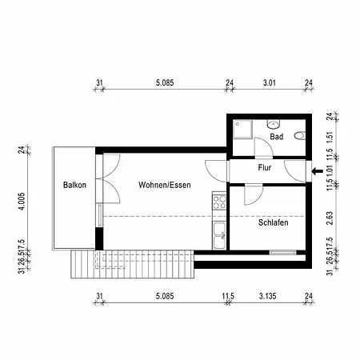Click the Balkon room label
[74, 185]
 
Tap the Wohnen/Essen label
[165, 185]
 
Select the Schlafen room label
[273, 222]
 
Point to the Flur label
[264, 167]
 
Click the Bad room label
[276, 137]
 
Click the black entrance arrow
[318, 171]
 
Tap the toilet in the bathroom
[300, 135]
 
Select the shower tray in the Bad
[242, 130]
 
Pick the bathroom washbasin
[274, 124]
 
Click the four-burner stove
[219, 202]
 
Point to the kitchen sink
[219, 236]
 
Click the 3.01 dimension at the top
[270, 82]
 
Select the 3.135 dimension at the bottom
[267, 296]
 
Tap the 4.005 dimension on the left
[22, 202]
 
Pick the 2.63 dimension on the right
[330, 218]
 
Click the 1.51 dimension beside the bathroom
[330, 137]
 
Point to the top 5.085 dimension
[165, 82]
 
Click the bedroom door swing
[254, 195]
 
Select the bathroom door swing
[263, 147]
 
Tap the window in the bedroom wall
[282, 252]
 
